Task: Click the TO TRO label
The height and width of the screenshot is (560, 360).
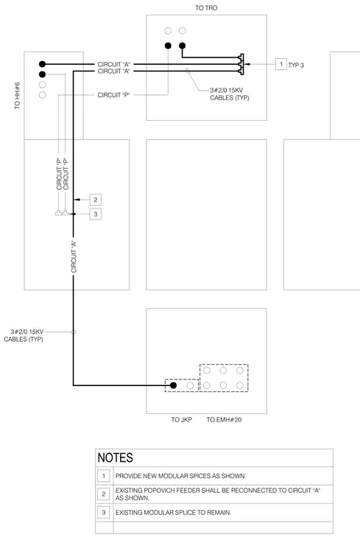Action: coord(206,8)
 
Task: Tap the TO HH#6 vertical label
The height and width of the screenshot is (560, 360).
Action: coord(17,96)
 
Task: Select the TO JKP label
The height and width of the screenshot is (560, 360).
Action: coord(181,420)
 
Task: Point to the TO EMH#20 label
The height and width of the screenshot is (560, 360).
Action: coord(224,420)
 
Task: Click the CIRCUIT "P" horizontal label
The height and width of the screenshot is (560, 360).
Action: coord(114,95)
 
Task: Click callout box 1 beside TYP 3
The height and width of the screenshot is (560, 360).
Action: coord(281,64)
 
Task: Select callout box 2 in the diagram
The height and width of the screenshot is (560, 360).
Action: coord(96,200)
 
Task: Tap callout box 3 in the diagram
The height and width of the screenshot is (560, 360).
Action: coord(96,214)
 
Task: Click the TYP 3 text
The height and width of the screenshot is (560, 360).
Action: coord(296,65)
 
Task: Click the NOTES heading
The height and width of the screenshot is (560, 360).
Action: coord(116,458)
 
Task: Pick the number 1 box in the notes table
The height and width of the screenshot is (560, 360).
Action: coord(104,476)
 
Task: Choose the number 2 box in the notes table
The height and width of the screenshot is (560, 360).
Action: coord(104,494)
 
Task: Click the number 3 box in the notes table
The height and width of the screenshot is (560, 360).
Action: coord(104,513)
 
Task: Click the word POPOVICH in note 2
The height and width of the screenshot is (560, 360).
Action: coord(155,490)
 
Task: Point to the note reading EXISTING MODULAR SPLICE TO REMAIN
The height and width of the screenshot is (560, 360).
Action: coord(174,513)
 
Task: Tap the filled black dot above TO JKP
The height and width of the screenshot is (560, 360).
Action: coord(174,385)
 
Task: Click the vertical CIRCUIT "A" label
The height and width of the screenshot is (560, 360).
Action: coord(74,257)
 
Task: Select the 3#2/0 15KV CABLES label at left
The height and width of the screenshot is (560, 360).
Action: coord(24,335)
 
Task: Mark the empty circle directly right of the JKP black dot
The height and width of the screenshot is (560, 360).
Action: coord(190,385)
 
